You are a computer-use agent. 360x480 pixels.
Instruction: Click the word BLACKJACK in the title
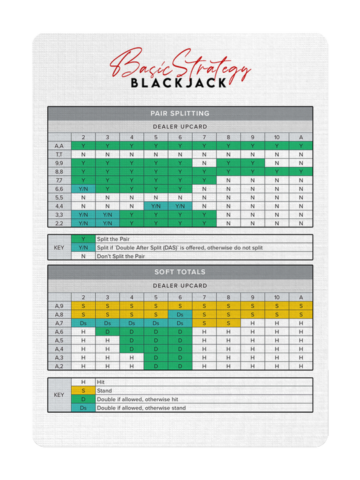point(179,84)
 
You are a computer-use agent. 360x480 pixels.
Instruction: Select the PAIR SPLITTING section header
point(180,113)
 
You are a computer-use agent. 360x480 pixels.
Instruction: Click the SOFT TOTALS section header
point(180,272)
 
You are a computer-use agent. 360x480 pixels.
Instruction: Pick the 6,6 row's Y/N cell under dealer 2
point(83,189)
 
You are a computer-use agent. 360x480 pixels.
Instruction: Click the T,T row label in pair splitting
point(59,154)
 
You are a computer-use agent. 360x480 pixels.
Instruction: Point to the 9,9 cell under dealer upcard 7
point(204,163)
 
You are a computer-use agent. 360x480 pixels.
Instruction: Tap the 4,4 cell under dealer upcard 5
point(155,207)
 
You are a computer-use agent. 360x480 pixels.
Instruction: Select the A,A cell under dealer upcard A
point(300,145)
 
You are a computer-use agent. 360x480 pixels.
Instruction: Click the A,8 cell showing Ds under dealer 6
point(179,314)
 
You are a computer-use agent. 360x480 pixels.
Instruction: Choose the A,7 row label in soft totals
point(59,323)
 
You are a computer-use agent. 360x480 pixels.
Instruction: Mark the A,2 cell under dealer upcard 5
point(155,366)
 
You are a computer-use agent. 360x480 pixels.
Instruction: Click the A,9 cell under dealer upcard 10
point(276,305)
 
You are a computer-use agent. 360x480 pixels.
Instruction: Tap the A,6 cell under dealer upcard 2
point(83,331)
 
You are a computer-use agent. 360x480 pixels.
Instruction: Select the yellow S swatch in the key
point(83,391)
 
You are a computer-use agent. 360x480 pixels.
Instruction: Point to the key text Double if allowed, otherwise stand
point(142,408)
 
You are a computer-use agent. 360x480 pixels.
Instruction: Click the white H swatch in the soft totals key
point(83,382)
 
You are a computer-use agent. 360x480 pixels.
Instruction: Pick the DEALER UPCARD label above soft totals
point(180,285)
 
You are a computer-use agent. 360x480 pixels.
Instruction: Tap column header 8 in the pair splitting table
point(228,137)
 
